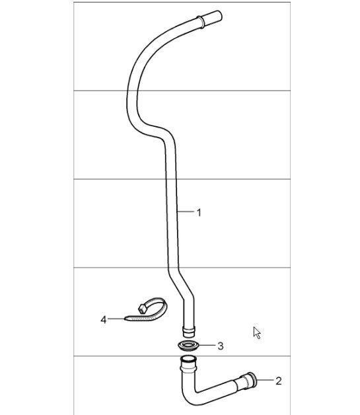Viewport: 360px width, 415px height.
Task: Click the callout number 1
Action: (x=199, y=212)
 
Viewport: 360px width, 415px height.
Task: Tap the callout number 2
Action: (x=279, y=381)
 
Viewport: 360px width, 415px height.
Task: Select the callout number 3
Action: (x=221, y=346)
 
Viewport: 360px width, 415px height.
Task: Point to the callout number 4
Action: (x=104, y=320)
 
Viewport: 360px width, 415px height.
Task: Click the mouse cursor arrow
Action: (x=257, y=332)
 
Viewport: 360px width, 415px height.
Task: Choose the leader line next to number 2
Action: (x=264, y=381)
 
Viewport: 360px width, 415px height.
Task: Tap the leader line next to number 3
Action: (x=207, y=346)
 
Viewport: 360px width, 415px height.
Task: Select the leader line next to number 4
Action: (x=115, y=320)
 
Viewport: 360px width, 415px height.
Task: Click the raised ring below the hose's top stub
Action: (x=199, y=24)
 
